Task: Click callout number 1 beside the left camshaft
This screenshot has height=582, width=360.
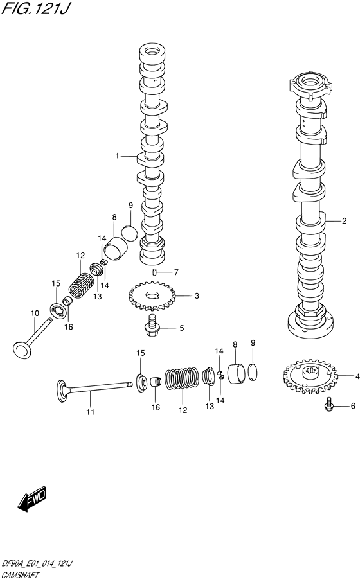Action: (x=118, y=155)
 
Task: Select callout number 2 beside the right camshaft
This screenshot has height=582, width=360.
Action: (x=344, y=221)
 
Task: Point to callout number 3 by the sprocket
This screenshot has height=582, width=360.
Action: (x=197, y=296)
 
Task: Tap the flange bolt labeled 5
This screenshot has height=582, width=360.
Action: (x=152, y=327)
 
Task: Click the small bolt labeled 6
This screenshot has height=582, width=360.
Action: (x=329, y=405)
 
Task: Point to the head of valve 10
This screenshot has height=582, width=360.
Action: (x=22, y=350)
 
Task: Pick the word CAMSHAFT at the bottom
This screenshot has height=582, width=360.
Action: (x=22, y=574)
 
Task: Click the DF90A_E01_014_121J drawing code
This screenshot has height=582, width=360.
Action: (x=38, y=563)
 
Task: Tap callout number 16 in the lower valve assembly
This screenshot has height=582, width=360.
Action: (x=154, y=407)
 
